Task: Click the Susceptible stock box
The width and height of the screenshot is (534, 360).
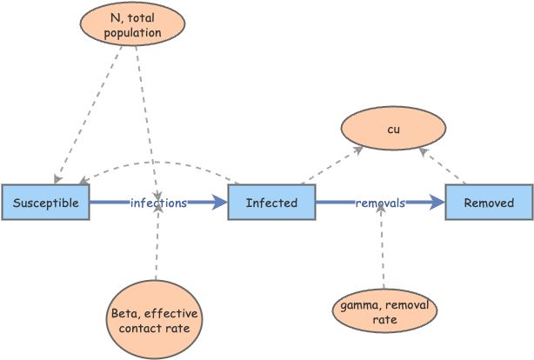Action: [45, 203]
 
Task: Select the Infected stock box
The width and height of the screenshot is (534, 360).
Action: [271, 203]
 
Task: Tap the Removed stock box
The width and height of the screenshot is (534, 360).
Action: [488, 203]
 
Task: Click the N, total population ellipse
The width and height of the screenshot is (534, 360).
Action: [134, 25]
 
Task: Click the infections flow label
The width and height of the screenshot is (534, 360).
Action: [158, 203]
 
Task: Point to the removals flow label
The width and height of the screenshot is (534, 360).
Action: [379, 203]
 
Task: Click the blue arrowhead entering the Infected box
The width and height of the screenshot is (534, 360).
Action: [219, 203]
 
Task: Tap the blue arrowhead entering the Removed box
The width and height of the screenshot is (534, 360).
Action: [437, 203]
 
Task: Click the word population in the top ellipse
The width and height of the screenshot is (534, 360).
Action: [134, 34]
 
